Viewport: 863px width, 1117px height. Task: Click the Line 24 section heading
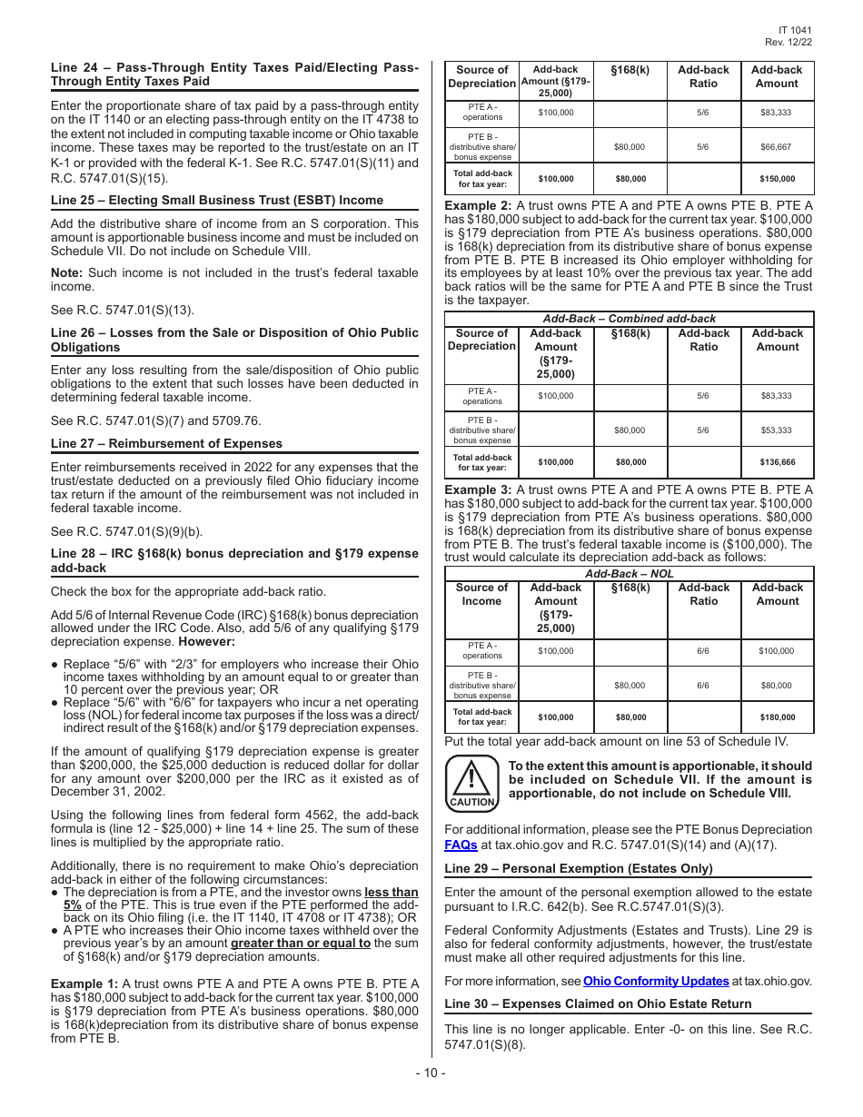tap(234, 74)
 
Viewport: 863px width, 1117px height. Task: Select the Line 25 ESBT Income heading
tap(217, 200)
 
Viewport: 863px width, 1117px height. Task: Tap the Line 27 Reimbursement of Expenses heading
tap(166, 443)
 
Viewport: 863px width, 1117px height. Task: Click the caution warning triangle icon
tap(471, 782)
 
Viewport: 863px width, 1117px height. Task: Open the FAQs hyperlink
tap(461, 844)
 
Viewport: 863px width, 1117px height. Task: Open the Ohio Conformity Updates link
tap(656, 981)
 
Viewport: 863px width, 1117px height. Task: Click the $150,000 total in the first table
tap(777, 179)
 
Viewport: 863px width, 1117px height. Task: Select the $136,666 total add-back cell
tap(777, 462)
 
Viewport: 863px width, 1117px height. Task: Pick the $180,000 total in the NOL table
tap(777, 717)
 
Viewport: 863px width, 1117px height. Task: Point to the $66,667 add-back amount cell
tap(777, 146)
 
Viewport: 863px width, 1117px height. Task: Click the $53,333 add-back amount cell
tap(777, 430)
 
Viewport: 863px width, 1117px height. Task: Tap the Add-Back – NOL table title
tap(629, 573)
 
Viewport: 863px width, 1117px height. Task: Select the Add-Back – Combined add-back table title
tap(629, 319)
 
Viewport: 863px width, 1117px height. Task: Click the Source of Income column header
tap(481, 594)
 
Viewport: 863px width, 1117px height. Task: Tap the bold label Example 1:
tap(84, 984)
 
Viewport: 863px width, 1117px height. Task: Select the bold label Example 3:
tap(478, 489)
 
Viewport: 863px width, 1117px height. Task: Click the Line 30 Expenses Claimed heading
tap(598, 1003)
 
